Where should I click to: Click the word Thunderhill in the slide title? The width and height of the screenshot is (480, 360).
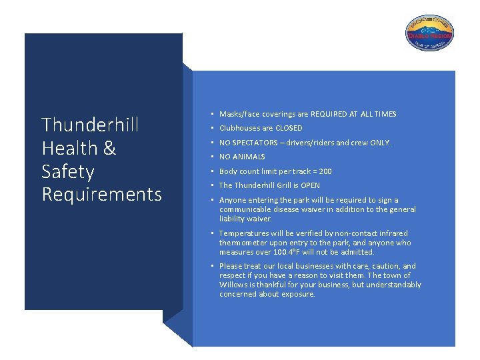pos(90,125)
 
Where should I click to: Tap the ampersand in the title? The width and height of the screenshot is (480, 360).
pos(109,148)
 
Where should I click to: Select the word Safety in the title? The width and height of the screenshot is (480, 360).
pos(67,171)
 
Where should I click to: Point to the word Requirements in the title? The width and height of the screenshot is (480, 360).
pos(101,195)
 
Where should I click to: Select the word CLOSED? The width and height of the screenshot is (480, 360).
pos(289,128)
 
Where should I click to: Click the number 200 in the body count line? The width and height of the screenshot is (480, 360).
pos(325,171)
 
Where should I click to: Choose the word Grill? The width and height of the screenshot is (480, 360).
pos(280,185)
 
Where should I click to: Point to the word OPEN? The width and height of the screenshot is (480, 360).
pos(310,185)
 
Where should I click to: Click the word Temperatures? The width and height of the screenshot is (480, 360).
pos(243,234)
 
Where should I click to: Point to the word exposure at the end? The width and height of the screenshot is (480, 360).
pos(297,294)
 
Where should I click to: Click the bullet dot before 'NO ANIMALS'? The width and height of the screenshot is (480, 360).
pos(211,157)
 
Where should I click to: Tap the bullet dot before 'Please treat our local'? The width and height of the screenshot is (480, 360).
pos(211,266)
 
